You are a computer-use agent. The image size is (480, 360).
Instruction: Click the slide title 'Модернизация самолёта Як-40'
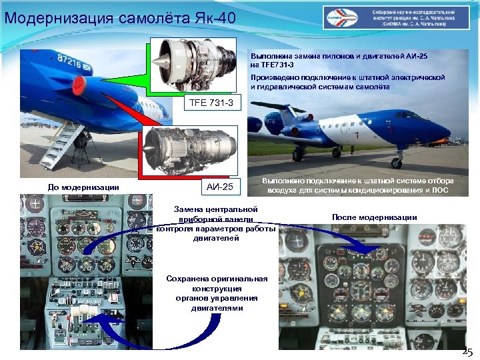(x=120, y=15)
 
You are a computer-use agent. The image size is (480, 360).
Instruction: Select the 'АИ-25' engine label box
(x=219, y=187)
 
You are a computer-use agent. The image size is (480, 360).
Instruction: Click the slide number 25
(x=467, y=351)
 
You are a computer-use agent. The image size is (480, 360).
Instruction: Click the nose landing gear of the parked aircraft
(x=397, y=160)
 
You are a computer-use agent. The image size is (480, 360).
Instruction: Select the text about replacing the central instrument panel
(x=215, y=223)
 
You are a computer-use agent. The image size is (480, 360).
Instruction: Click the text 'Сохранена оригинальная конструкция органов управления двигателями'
(x=217, y=293)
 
